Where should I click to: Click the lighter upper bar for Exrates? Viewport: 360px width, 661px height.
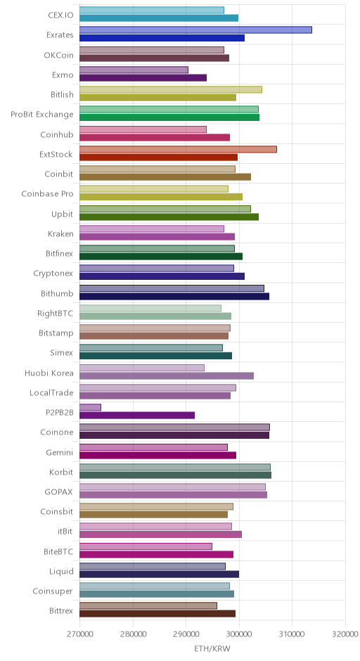195,30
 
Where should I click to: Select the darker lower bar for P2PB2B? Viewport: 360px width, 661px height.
137,415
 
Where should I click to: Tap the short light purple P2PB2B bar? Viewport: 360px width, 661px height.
90,407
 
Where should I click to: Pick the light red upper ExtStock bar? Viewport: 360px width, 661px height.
179,149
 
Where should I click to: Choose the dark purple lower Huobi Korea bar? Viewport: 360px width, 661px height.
167,376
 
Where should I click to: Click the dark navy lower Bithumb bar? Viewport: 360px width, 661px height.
174,296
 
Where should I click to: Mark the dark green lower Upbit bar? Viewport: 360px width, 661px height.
169,217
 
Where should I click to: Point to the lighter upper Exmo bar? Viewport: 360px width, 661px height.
134,70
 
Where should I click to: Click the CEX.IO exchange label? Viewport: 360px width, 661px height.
60,15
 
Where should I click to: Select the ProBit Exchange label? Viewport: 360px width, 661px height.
42,114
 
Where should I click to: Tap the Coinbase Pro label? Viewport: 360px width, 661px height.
48,194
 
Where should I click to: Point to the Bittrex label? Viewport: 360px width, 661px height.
61,611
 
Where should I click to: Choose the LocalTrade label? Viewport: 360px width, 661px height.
51,392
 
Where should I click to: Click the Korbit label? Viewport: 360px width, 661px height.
61,472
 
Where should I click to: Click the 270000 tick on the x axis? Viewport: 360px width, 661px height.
80,634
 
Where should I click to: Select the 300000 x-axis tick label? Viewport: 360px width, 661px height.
240,634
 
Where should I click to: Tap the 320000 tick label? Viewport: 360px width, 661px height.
345,634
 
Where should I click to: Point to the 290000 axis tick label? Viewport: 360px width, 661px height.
186,634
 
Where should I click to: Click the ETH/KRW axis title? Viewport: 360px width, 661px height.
212,648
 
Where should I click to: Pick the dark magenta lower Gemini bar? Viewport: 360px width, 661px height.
158,455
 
